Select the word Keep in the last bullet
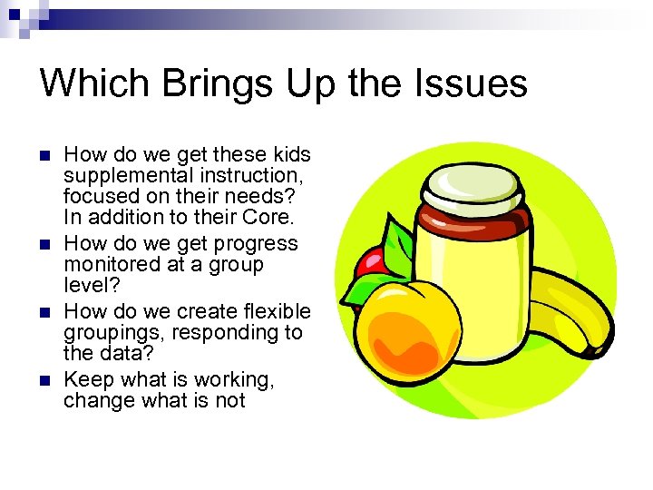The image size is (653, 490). (84, 378)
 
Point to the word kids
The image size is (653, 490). (289, 153)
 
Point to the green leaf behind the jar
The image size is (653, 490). (397, 245)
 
